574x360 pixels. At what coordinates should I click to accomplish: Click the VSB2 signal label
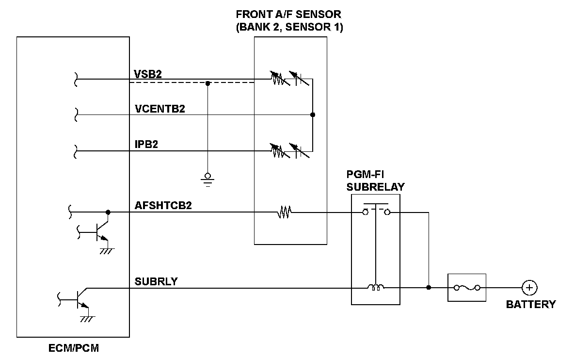tap(148, 74)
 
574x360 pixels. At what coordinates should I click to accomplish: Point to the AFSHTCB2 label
tap(163, 206)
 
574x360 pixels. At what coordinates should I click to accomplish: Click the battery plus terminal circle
tap(529, 288)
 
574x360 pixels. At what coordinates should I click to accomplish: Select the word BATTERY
tap(531, 305)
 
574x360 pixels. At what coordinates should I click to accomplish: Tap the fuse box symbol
tap(466, 288)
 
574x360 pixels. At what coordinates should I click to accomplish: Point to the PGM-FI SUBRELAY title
tap(376, 180)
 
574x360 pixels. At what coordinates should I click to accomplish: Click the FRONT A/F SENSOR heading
tap(289, 20)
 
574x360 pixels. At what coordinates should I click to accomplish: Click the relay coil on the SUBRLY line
tap(376, 288)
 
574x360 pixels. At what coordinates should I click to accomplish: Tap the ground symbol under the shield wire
tap(207, 178)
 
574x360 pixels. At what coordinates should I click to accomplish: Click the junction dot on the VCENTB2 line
tap(313, 115)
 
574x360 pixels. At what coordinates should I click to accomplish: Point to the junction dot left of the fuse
tap(429, 288)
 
